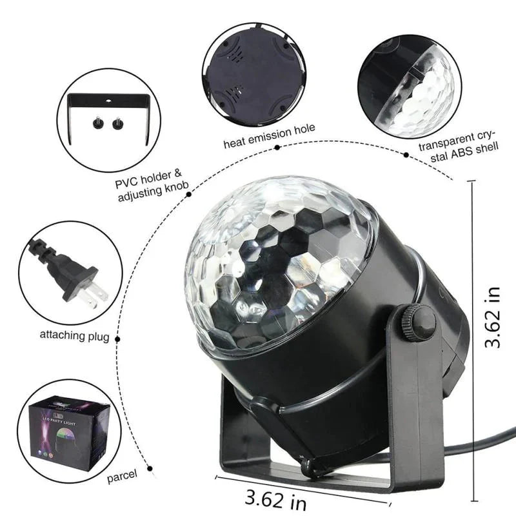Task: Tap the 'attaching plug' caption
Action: (74, 335)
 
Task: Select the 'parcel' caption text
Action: (122, 475)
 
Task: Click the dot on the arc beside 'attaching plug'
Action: (117, 336)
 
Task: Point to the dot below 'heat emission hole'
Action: (277, 147)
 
